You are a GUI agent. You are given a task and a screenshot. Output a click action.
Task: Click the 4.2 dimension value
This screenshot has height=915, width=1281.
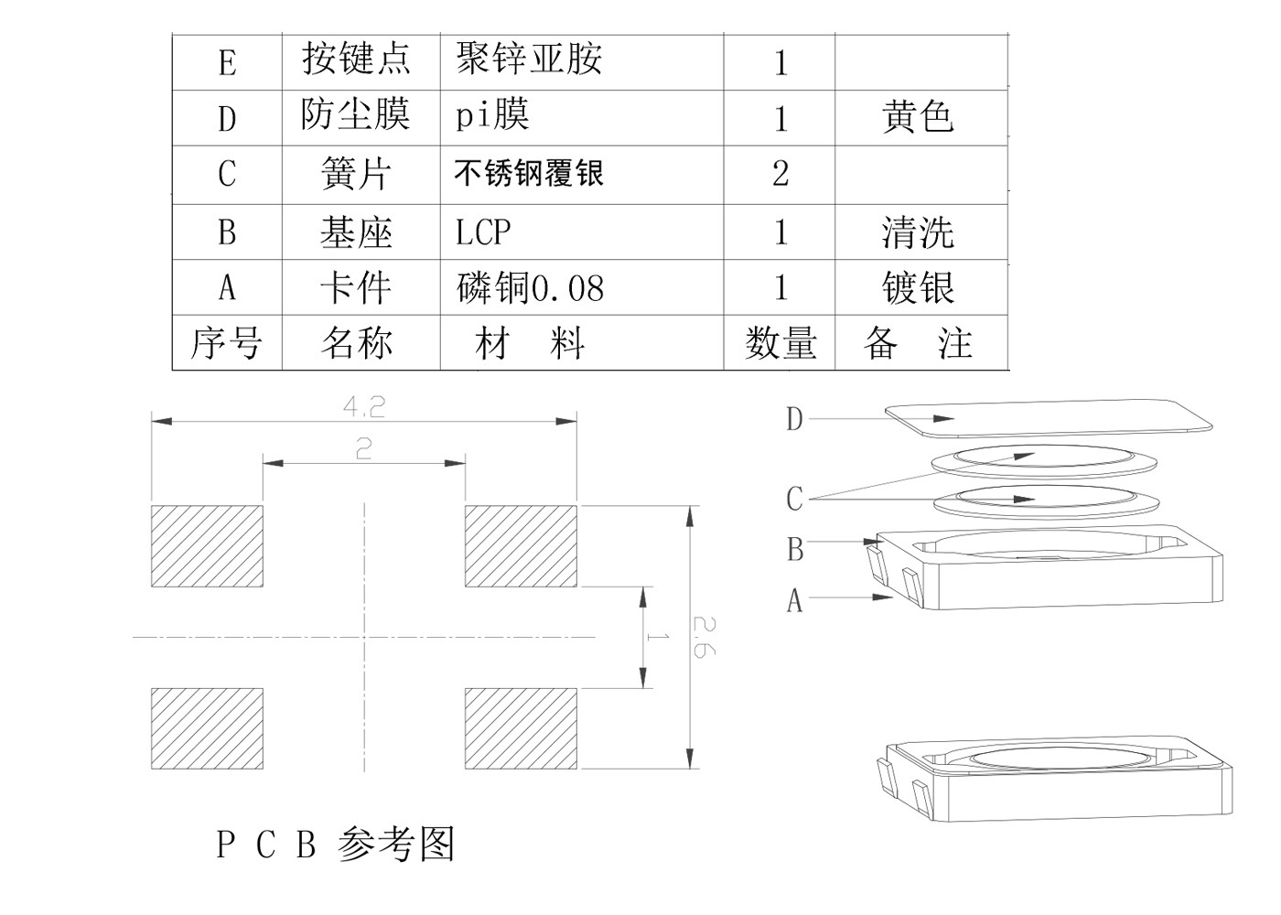pyautogui.click(x=364, y=406)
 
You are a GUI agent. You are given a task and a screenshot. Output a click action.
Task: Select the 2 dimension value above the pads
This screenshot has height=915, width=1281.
pyautogui.click(x=364, y=448)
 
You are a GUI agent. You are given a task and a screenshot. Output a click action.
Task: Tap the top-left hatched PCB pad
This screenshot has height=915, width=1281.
pyautogui.click(x=207, y=545)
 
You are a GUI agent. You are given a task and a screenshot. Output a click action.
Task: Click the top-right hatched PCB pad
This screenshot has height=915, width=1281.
pyautogui.click(x=521, y=545)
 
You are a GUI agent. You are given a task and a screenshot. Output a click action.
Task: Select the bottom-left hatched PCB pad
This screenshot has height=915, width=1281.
pyautogui.click(x=207, y=728)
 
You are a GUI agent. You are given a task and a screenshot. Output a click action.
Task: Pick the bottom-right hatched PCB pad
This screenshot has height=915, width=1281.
pyautogui.click(x=521, y=728)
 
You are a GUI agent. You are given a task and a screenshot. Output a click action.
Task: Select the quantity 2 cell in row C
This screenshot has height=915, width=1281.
pyautogui.click(x=780, y=173)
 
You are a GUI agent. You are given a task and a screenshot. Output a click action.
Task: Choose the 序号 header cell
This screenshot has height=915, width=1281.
pyautogui.click(x=226, y=344)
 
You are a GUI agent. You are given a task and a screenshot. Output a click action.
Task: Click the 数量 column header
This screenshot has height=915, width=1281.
pyautogui.click(x=780, y=344)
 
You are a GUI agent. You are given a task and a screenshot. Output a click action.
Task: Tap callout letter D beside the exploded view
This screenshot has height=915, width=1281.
pyautogui.click(x=794, y=419)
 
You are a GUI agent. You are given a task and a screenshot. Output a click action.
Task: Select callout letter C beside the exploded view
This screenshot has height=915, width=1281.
pyautogui.click(x=794, y=499)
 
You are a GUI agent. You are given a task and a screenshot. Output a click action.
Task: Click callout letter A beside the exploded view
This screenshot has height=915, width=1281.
pyautogui.click(x=794, y=600)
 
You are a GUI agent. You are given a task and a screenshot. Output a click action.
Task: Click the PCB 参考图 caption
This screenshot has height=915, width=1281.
pyautogui.click(x=335, y=844)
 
